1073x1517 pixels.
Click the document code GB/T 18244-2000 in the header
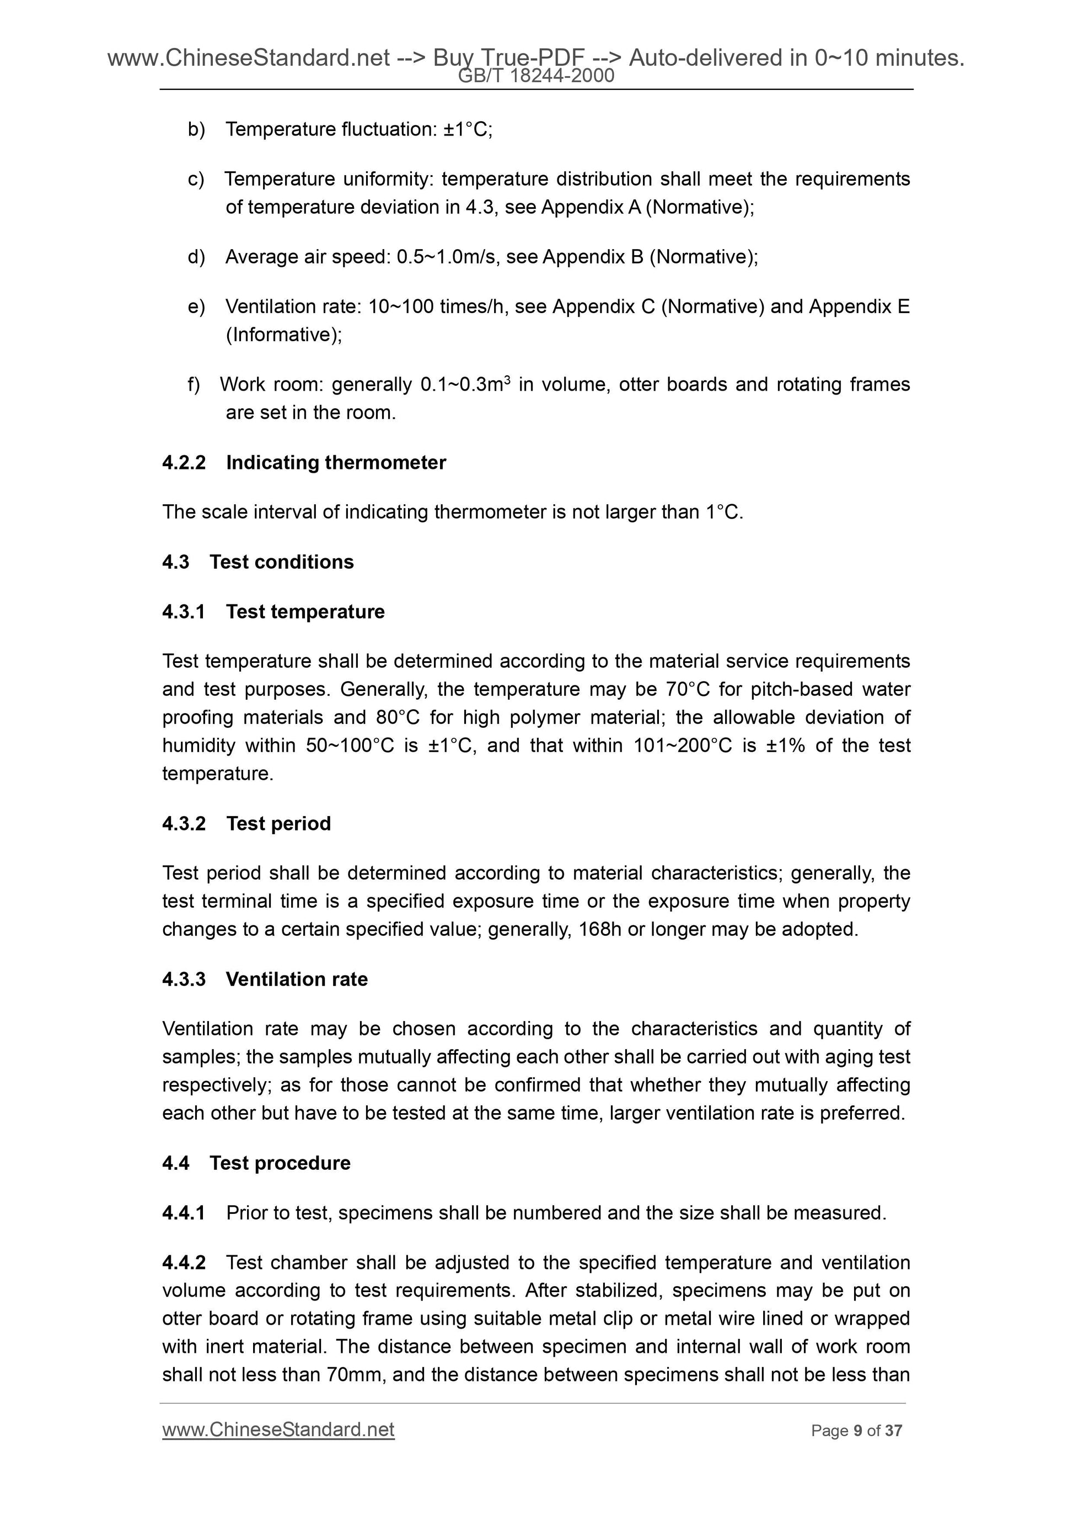tap(536, 77)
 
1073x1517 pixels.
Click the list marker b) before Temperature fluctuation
tap(196, 129)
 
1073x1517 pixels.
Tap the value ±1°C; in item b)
tap(468, 129)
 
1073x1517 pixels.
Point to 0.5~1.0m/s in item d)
tap(447, 257)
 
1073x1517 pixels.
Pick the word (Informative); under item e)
tap(283, 335)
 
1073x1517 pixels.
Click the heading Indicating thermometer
tap(336, 462)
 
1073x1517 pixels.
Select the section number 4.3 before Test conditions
tap(176, 562)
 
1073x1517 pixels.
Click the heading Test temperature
tap(305, 612)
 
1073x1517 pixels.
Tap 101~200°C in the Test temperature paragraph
tap(682, 746)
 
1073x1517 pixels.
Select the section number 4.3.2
tap(184, 823)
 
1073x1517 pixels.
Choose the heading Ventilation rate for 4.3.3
tap(296, 979)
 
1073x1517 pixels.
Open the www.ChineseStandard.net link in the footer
tap(278, 1430)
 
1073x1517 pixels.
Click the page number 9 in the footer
tap(857, 1431)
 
